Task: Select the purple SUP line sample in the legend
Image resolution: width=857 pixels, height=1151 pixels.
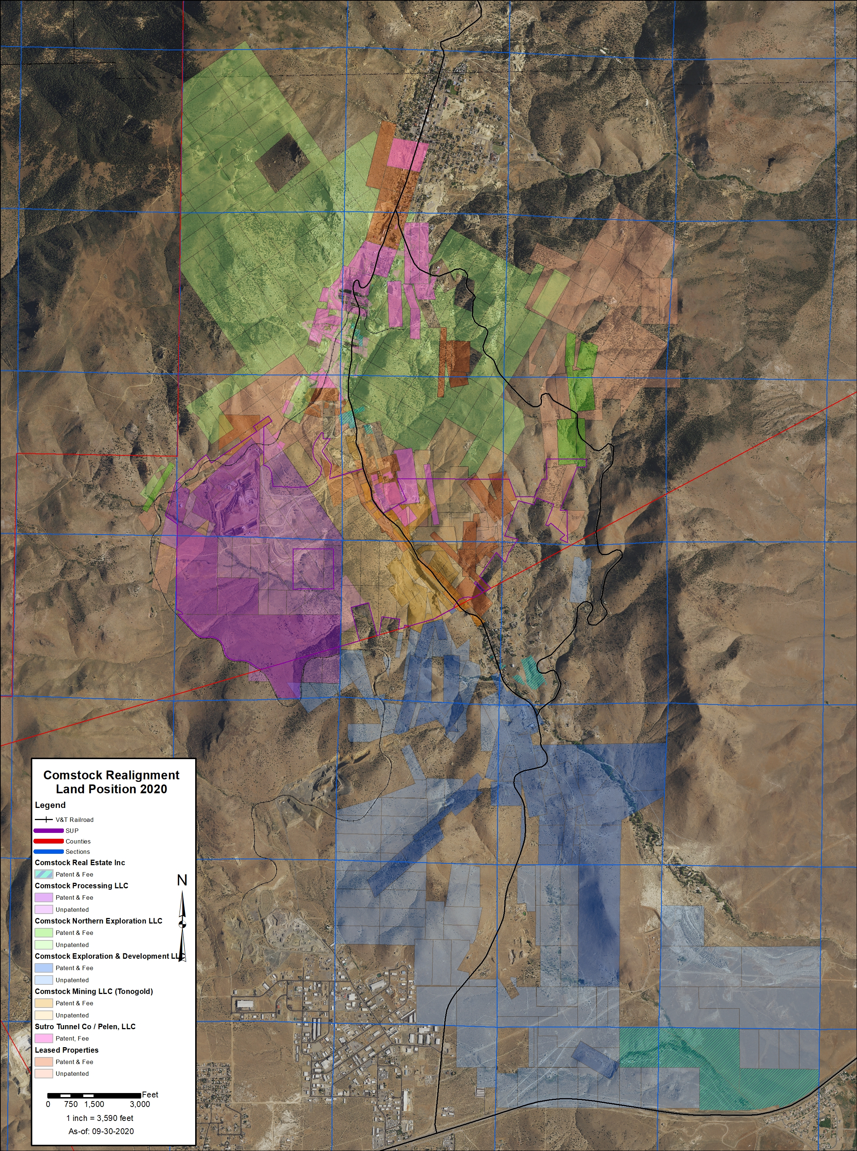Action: coord(48,830)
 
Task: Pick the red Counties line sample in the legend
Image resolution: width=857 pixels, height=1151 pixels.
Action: coord(48,841)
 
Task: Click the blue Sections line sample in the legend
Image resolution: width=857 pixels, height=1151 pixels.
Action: coord(48,851)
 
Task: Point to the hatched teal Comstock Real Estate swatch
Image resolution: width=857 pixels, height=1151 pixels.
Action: coord(44,874)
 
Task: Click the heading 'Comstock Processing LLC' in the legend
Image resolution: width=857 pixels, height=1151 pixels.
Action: coord(81,885)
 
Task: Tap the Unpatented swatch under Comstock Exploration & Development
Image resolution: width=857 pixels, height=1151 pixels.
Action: coord(44,980)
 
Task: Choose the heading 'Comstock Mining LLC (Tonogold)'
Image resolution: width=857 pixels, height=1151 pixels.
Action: coord(94,991)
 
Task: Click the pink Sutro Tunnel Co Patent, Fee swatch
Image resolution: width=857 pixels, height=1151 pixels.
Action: coord(44,1038)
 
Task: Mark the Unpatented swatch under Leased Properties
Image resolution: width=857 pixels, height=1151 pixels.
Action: coord(44,1073)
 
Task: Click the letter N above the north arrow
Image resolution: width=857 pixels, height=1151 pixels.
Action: coord(182,880)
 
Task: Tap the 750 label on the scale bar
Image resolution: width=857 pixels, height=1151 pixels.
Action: coord(71,1104)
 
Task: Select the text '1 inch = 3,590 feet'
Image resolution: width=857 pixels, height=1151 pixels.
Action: coord(99,1118)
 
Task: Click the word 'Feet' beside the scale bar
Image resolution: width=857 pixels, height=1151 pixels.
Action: coord(150,1094)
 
